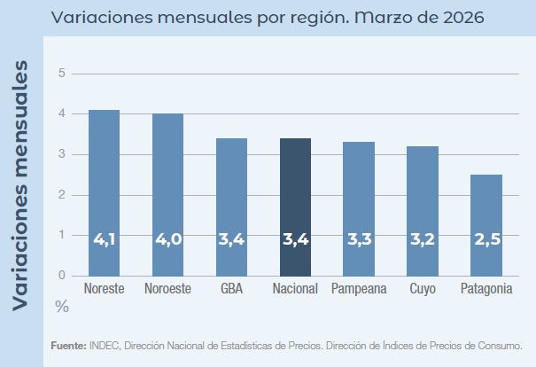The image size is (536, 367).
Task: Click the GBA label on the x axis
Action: click(x=231, y=289)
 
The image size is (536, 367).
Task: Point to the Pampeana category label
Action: click(x=359, y=289)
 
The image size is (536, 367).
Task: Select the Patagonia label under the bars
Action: click(x=486, y=289)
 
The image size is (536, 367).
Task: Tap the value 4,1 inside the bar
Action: click(x=105, y=239)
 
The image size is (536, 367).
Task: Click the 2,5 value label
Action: click(x=486, y=239)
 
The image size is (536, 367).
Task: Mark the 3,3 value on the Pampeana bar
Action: click(x=359, y=239)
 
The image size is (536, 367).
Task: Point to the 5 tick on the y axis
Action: click(x=62, y=73)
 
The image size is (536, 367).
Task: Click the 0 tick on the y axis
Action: click(x=62, y=275)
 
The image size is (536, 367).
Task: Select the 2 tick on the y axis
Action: click(x=62, y=194)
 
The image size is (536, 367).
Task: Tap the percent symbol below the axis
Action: click(x=62, y=306)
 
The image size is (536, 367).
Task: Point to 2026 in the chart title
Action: click(x=460, y=18)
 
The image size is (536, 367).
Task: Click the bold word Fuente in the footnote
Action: click(x=67, y=346)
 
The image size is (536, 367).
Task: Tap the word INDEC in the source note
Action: click(x=105, y=346)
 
